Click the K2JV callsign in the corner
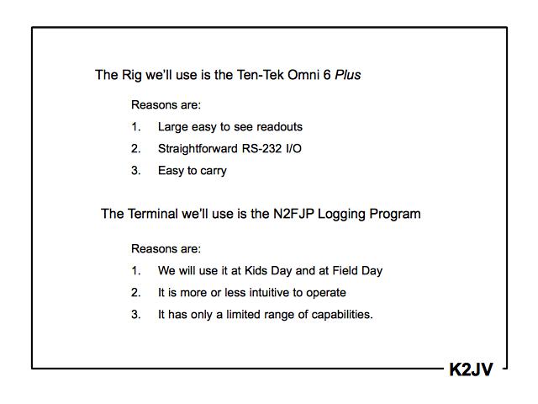click(x=471, y=369)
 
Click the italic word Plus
click(x=348, y=75)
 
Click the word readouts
click(x=277, y=127)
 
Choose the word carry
click(x=212, y=171)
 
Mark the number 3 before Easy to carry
click(x=135, y=171)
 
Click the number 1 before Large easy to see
click(x=135, y=127)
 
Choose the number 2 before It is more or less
click(x=135, y=293)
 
